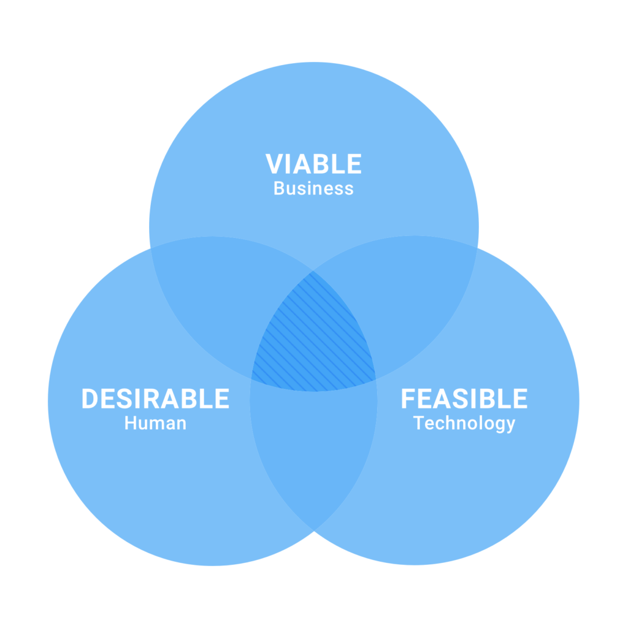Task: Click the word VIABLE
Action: (313, 164)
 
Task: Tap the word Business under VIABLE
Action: (313, 188)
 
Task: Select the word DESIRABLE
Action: (155, 399)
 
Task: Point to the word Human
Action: (155, 423)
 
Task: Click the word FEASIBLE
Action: (464, 399)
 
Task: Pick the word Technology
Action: (464, 424)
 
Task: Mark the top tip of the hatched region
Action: (313, 270)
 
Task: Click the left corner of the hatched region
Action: (251, 378)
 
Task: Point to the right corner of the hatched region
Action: (376, 379)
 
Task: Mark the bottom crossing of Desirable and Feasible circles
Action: (314, 531)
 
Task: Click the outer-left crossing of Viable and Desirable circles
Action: (151, 248)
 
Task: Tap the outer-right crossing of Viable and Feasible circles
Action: (477, 248)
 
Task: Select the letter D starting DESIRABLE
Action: (90, 399)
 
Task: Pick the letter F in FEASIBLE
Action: (408, 399)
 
